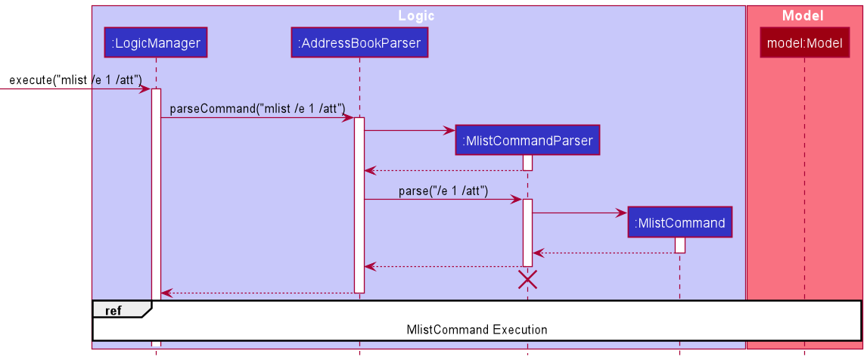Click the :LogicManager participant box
pyautogui.click(x=156, y=43)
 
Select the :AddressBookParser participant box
pyautogui.click(x=359, y=43)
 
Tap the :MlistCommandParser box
pyautogui.click(x=527, y=140)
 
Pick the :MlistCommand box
pyautogui.click(x=679, y=222)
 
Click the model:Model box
pyautogui.click(x=804, y=43)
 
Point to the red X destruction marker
pyautogui.click(x=527, y=280)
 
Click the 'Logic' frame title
pyautogui.click(x=417, y=16)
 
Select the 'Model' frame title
pyautogui.click(x=803, y=16)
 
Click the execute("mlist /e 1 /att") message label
pyautogui.click(x=76, y=80)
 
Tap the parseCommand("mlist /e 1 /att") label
pyautogui.click(x=257, y=108)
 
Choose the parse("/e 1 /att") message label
pyautogui.click(x=443, y=191)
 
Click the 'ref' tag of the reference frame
pyautogui.click(x=113, y=310)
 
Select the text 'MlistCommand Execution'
pyautogui.click(x=477, y=330)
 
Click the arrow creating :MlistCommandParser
pyautogui.click(x=409, y=130)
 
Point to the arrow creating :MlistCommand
pyautogui.click(x=579, y=213)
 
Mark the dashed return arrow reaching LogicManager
pyautogui.click(x=257, y=293)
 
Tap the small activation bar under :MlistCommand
pyautogui.click(x=679, y=245)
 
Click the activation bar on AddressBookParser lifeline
pyautogui.click(x=359, y=204)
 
